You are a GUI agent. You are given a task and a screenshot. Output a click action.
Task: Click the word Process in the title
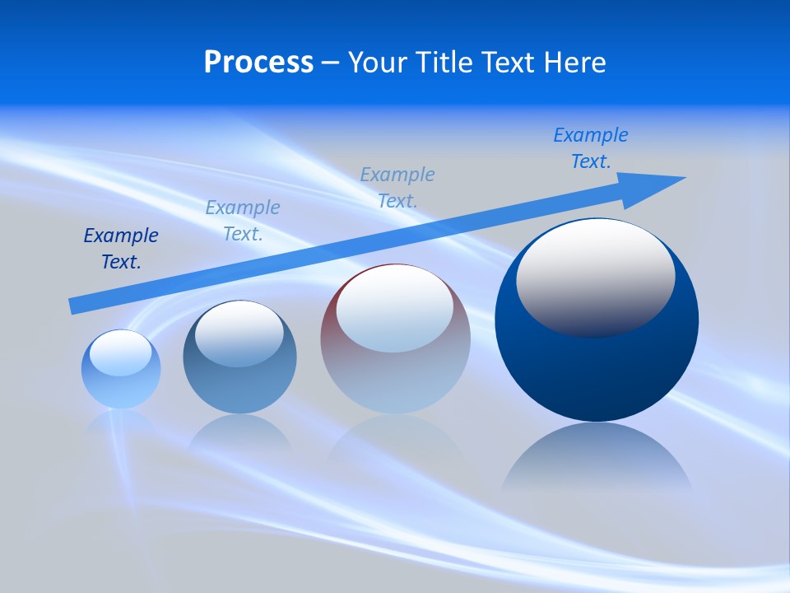258,63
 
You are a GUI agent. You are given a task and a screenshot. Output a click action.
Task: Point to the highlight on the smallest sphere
121,353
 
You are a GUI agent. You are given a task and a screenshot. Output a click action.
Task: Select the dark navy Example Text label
121,249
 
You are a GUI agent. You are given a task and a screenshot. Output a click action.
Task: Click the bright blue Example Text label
591,148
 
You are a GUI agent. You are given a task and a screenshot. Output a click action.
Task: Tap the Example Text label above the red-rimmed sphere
397,187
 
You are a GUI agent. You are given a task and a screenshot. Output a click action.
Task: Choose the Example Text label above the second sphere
243,221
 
